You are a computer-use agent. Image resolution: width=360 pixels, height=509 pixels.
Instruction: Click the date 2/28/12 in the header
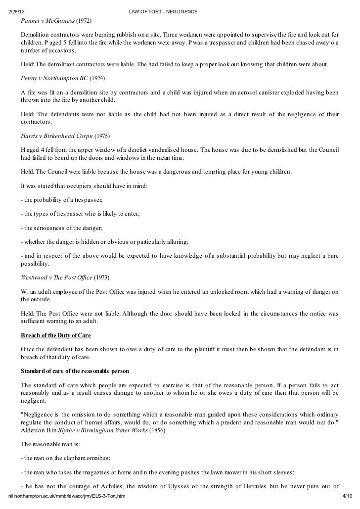tap(17, 10)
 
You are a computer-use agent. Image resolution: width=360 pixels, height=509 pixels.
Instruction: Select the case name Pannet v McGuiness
tap(47, 22)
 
